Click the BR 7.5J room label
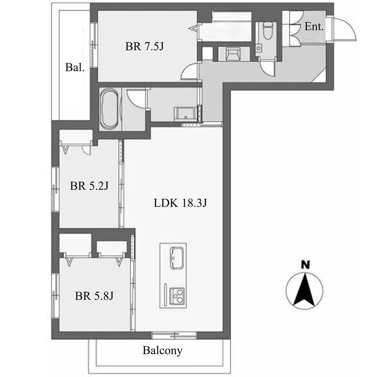[144, 47]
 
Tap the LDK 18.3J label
[179, 203]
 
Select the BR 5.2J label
[89, 186]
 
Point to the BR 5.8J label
[94, 296]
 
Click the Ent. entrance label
[314, 27]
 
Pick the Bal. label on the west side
[75, 67]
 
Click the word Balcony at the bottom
[162, 350]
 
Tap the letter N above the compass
[305, 264]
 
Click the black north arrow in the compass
[305, 290]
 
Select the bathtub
[109, 109]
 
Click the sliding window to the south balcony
[174, 335]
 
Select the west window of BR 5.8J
[55, 295]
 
